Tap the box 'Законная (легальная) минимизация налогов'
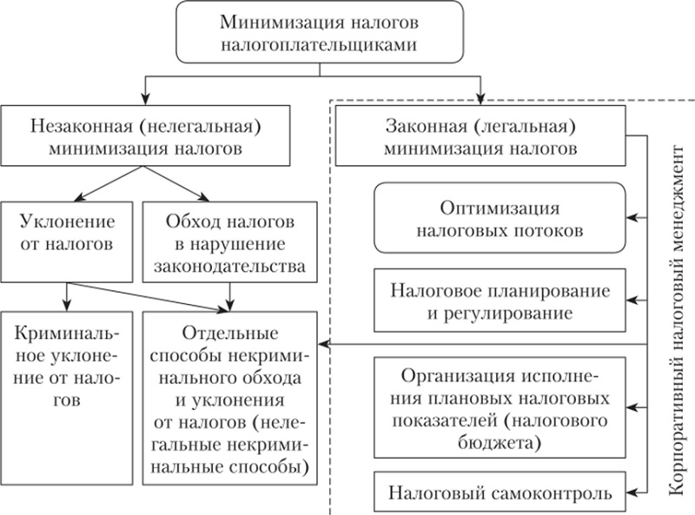click(x=481, y=136)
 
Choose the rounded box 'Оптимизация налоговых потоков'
click(x=500, y=220)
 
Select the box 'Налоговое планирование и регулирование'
click(x=500, y=299)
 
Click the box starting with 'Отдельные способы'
click(x=229, y=399)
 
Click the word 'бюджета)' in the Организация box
click(x=499, y=442)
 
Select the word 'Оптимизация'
click(x=499, y=209)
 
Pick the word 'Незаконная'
click(x=71, y=124)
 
